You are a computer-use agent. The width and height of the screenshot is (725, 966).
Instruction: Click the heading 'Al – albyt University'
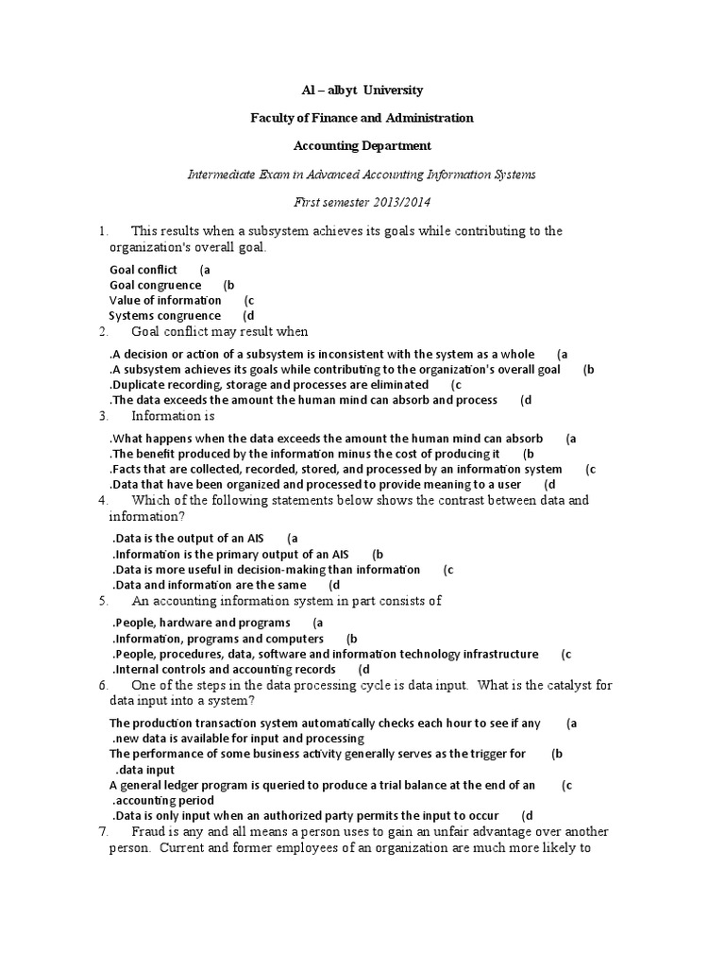click(x=362, y=91)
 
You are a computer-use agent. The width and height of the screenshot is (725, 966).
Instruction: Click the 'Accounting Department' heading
click(x=362, y=146)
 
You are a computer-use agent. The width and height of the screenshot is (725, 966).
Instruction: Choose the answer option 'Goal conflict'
click(x=143, y=270)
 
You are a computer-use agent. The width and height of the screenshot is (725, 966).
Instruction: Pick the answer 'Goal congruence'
click(x=156, y=285)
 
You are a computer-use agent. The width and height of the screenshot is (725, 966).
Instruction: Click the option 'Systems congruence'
click(x=165, y=316)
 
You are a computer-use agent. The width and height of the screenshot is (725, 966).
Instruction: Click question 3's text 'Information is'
click(x=173, y=416)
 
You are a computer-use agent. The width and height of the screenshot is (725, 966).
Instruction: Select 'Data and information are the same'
click(x=210, y=585)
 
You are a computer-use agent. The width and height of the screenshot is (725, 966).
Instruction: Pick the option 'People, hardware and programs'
click(x=201, y=623)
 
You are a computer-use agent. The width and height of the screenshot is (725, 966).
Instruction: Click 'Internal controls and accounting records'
click(x=225, y=670)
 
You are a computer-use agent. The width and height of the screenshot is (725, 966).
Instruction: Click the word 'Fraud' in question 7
click(x=149, y=832)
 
